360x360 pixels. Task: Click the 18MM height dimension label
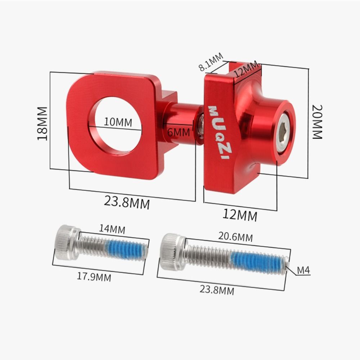tap(42, 123)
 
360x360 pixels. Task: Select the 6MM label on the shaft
tap(179, 132)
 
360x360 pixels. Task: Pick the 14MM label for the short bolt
tap(112, 229)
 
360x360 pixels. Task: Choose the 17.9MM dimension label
tap(94, 277)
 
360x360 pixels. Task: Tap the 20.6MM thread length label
tap(235, 237)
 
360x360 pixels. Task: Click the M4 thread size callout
tap(303, 270)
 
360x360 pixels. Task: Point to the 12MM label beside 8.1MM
tap(246, 69)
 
